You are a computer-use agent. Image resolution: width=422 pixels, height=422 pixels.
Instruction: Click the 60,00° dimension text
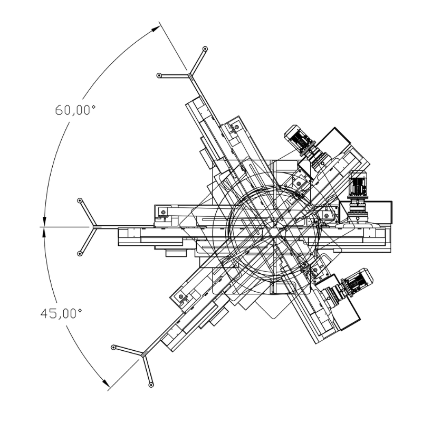(75, 110)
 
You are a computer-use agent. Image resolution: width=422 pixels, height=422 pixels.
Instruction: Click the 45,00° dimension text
(61, 313)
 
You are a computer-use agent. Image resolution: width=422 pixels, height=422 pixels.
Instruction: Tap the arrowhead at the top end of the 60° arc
(156, 29)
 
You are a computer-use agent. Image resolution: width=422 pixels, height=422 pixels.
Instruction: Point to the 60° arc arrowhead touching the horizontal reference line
(44, 220)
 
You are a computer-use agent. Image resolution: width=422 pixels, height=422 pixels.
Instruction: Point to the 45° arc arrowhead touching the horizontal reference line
(44, 233)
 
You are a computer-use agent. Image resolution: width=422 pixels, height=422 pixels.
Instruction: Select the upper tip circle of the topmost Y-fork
(205, 49)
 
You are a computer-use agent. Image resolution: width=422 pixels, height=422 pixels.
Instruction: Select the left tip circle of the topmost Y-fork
(159, 75)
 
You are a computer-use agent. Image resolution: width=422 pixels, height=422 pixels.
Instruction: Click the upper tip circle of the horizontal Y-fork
(80, 200)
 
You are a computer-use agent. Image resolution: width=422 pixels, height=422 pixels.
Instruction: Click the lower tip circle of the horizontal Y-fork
(80, 254)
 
